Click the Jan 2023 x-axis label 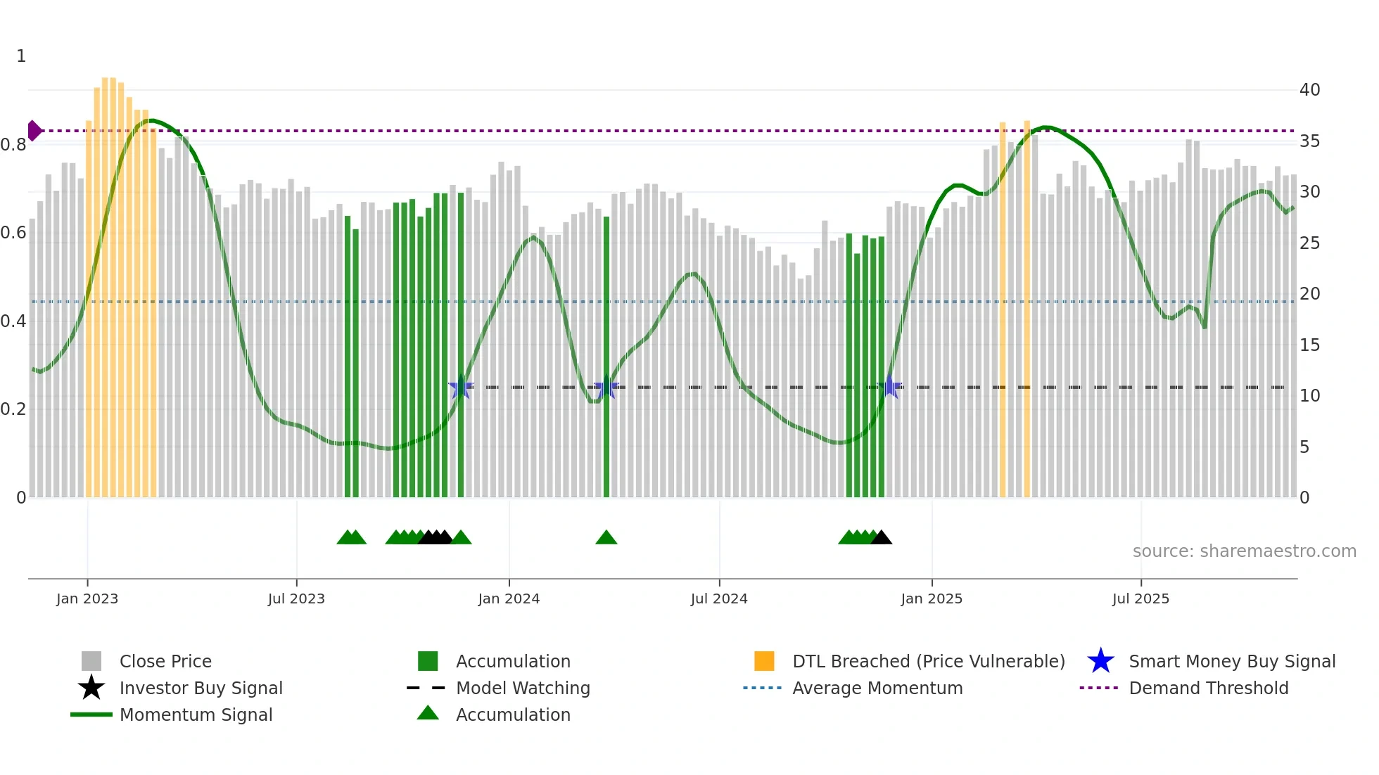87,598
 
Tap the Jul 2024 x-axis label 719,598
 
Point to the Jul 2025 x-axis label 1140,598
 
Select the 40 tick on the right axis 1309,89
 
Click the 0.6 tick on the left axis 13,232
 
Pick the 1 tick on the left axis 21,56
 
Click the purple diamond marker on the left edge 34,131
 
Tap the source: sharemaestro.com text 1244,551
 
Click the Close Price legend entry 165,661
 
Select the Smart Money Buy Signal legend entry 1231,661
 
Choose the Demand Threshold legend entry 1208,688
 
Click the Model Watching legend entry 522,688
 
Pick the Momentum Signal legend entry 196,715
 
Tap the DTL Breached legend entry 928,661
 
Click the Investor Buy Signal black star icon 91,688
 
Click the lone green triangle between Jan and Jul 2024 606,538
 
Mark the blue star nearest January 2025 890,387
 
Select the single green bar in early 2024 606,352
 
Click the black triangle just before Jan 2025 881,538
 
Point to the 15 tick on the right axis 1309,345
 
